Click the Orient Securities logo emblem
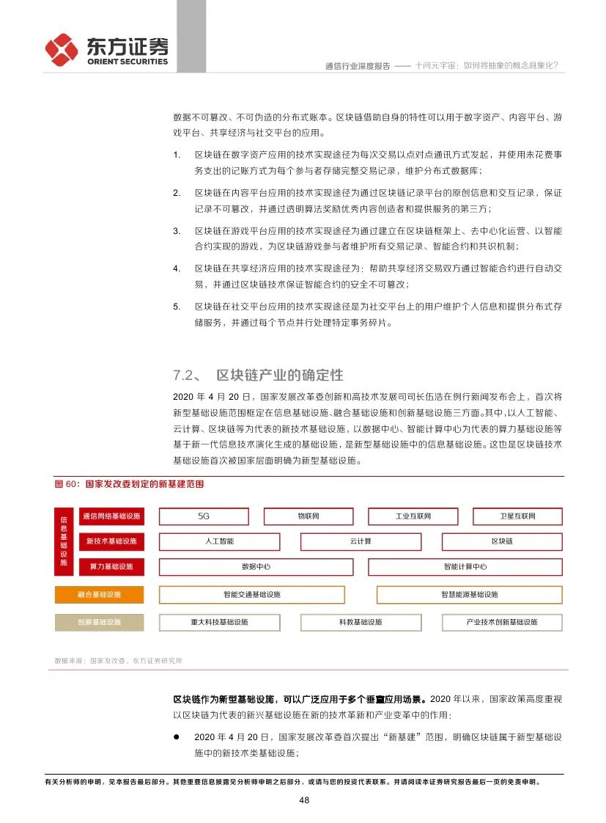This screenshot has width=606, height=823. (x=62, y=49)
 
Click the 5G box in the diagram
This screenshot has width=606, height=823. (x=204, y=516)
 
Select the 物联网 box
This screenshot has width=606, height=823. (x=308, y=516)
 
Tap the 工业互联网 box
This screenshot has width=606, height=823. (x=413, y=516)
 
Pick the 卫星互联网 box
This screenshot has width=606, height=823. (x=517, y=516)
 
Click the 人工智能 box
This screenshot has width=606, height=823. (x=219, y=541)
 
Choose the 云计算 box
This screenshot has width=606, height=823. (x=361, y=541)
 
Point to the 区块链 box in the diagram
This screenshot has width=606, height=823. (x=502, y=541)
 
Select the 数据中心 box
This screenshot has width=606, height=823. (x=256, y=567)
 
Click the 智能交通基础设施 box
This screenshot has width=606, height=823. (x=251, y=595)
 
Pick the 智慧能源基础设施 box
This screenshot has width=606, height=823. (x=469, y=595)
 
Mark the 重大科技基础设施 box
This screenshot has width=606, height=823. (x=219, y=622)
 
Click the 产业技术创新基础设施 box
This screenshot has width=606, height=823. (x=502, y=622)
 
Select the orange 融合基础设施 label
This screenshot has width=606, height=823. (x=99, y=595)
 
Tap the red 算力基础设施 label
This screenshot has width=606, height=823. (x=111, y=567)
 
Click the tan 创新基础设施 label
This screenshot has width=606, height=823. (x=99, y=622)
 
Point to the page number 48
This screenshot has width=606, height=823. (x=303, y=800)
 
